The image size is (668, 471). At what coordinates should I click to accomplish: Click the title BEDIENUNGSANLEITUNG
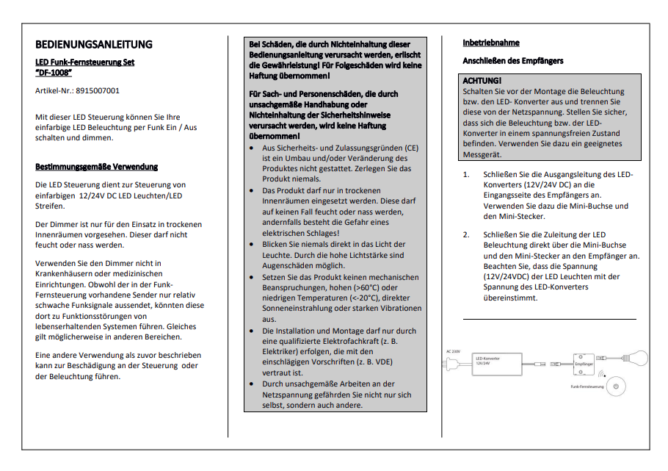point(94,45)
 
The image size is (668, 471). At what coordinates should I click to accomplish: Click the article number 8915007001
point(98,91)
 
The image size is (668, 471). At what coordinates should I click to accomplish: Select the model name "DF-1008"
point(54,73)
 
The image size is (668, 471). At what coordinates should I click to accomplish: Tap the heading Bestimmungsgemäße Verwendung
point(96,167)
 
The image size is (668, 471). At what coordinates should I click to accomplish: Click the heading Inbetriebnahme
point(490,43)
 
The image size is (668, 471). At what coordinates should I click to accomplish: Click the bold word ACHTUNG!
point(482,80)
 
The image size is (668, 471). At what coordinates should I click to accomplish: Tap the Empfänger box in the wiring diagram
point(584,363)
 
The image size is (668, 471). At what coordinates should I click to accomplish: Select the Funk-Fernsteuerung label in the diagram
point(587,386)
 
